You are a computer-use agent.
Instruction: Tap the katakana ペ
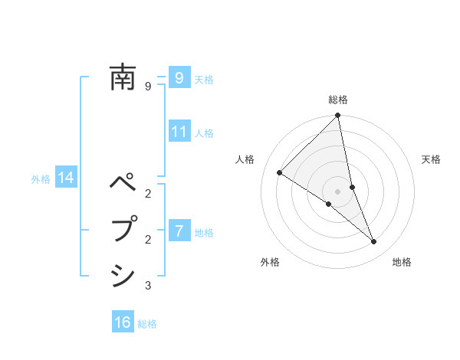point(123,185)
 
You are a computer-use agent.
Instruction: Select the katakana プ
point(123,229)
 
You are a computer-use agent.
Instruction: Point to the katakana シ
point(123,275)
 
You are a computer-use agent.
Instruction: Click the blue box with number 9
point(179,77)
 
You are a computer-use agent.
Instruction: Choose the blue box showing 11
point(179,132)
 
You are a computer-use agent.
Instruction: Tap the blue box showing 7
point(179,231)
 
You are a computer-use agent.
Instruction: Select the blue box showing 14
point(66,178)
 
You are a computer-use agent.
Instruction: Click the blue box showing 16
point(123,322)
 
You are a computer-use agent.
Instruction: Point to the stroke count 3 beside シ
point(148,286)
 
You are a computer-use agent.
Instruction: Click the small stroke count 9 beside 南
point(148,87)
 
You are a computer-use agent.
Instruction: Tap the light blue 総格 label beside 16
point(147,324)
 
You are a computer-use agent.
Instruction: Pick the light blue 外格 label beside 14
point(41,179)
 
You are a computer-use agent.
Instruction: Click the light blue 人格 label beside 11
point(204,133)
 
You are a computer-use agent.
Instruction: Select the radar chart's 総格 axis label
point(338,100)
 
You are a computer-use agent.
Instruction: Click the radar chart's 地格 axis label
point(402,262)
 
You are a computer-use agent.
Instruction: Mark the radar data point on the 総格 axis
point(338,116)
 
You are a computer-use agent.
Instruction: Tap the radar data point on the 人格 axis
point(280,173)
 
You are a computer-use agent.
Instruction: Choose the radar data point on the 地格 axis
point(374,242)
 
